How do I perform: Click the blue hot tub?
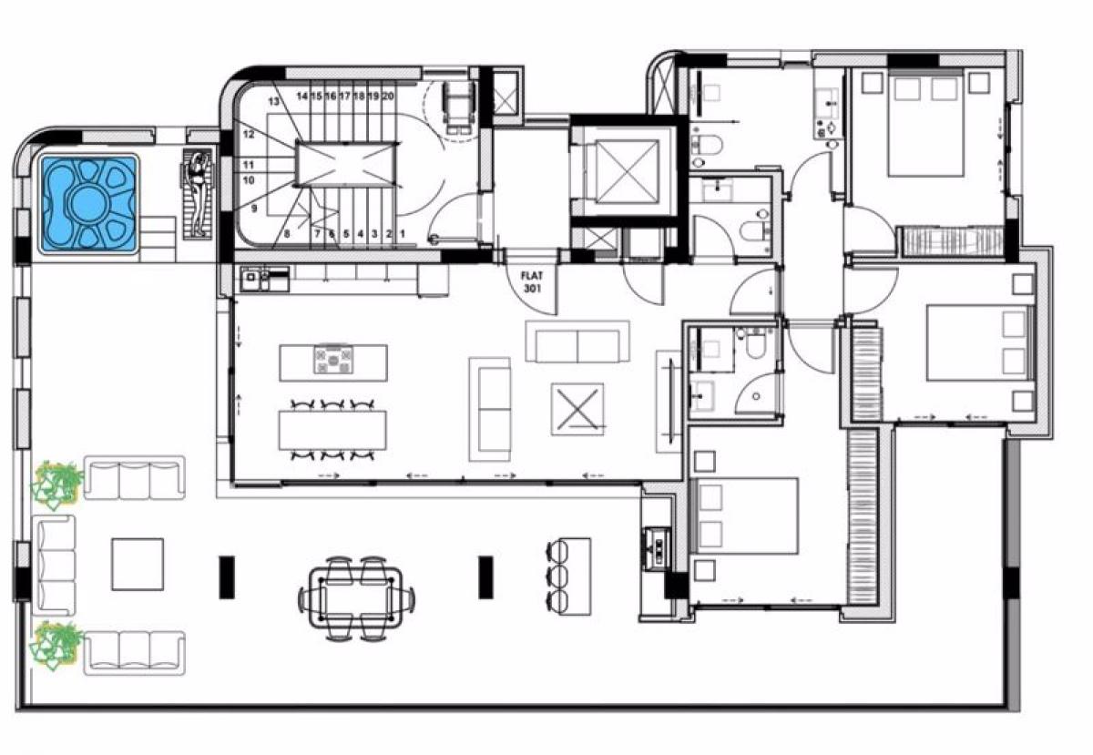tap(88, 203)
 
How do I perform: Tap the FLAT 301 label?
tap(532, 282)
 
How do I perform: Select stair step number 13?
tap(274, 101)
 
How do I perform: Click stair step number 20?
tap(388, 97)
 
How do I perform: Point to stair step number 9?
tap(254, 209)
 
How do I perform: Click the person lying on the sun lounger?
tap(199, 194)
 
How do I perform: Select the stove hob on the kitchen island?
tap(333, 359)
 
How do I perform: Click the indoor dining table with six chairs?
tap(332, 430)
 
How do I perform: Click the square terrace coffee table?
tap(138, 565)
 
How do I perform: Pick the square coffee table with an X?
tap(577, 409)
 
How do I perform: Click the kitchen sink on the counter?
tap(251, 277)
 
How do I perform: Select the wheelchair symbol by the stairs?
tap(457, 107)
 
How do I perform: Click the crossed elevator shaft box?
tap(627, 171)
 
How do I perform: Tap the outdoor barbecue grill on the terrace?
tap(657, 548)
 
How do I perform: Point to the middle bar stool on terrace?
tap(557, 576)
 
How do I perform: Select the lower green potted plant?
tap(56, 646)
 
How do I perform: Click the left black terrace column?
tap(227, 577)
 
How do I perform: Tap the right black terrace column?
tap(485, 577)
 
